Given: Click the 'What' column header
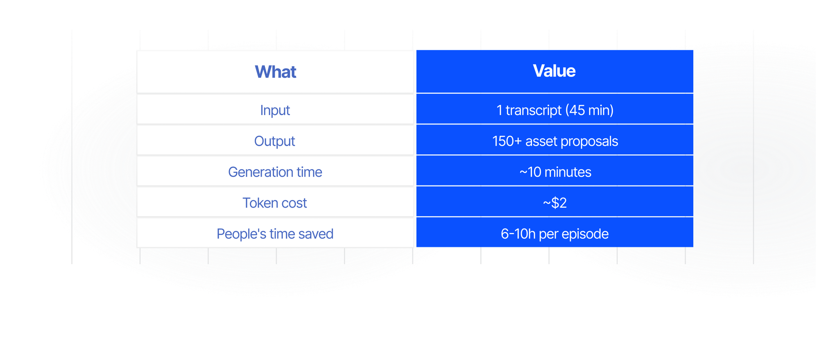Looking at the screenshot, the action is point(276,72).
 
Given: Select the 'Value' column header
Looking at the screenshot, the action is point(554,71).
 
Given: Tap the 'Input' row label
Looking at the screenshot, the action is point(275,110).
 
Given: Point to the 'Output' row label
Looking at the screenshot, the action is point(275,141).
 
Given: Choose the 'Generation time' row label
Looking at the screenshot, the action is point(275,172).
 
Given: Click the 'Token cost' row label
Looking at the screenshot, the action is point(275,203).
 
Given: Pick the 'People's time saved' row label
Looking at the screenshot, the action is point(275,234).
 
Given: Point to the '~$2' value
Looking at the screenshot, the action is point(555,203).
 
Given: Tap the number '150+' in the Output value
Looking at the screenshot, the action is point(507,141).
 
